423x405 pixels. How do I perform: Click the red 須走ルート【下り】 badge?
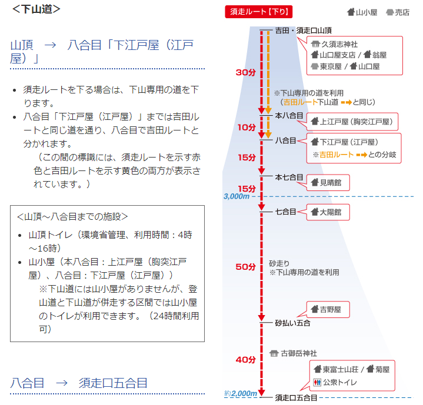259,12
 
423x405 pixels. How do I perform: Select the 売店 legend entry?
398,12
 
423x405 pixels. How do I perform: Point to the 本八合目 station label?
289,116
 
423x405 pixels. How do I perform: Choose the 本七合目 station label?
289,177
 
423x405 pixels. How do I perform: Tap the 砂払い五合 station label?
292,323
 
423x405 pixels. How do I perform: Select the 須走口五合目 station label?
297,398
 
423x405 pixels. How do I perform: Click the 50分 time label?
245,267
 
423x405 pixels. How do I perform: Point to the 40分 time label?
245,359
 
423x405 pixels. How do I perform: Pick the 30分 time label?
245,72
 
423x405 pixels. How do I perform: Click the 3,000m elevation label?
237,196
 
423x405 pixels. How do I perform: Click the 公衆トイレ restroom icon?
318,382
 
